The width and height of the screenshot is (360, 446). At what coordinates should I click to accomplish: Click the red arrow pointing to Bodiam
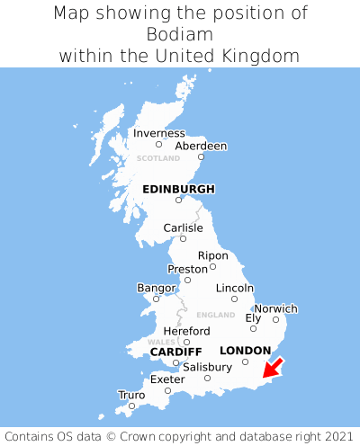[x=272, y=368]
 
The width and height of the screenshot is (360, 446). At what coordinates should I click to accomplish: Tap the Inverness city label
[x=158, y=133]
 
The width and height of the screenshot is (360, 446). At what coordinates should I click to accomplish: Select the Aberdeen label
[x=201, y=146]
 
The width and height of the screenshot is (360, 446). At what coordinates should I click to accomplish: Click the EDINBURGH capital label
[x=178, y=189]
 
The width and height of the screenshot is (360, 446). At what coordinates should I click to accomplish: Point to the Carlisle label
[x=183, y=228]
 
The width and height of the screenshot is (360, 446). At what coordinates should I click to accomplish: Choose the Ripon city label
[x=213, y=255]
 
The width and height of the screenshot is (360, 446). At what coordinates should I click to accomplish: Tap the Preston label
[x=188, y=269]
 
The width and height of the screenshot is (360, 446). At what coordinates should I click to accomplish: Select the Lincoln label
[x=235, y=288]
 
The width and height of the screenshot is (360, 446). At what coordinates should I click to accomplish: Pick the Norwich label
[x=275, y=308]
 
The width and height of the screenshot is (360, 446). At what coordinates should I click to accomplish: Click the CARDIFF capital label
[x=175, y=351]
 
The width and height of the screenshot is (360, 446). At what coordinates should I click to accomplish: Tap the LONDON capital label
[x=245, y=350]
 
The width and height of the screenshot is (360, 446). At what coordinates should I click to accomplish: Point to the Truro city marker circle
[x=131, y=406]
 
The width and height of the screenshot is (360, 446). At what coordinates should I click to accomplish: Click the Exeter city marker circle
[x=167, y=390]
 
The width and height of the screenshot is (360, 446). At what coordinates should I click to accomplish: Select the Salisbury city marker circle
[x=207, y=378]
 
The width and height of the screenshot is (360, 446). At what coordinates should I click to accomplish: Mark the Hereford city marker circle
[x=186, y=342]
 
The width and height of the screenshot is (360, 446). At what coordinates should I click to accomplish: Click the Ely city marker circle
[x=253, y=328]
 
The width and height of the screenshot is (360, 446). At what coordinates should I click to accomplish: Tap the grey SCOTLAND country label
[x=158, y=158]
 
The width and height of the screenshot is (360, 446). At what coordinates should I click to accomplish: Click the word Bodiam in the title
[x=180, y=34]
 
